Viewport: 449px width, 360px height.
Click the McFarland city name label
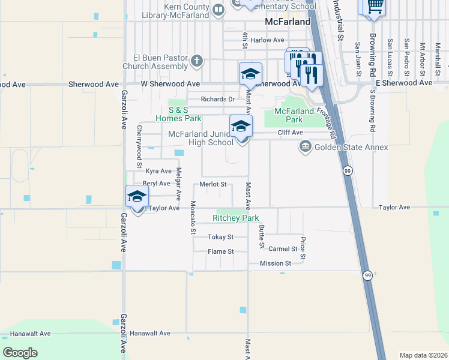click(288, 22)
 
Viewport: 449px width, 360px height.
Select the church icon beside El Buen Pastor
click(197, 61)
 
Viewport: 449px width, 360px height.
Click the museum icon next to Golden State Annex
click(306, 146)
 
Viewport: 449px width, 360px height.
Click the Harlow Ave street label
click(267, 40)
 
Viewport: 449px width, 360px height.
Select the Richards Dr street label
click(217, 100)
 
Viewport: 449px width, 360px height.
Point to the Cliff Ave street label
click(290, 133)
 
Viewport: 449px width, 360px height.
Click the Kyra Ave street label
click(158, 171)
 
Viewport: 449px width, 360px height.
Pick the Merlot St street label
click(213, 184)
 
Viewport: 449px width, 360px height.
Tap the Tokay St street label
click(220, 237)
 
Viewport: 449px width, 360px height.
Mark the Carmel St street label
click(283, 248)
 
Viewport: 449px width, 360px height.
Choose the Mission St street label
click(275, 263)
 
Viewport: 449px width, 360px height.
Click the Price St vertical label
click(303, 248)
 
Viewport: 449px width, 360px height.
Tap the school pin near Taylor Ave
click(137, 196)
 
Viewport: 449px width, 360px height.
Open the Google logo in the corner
click(20, 353)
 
